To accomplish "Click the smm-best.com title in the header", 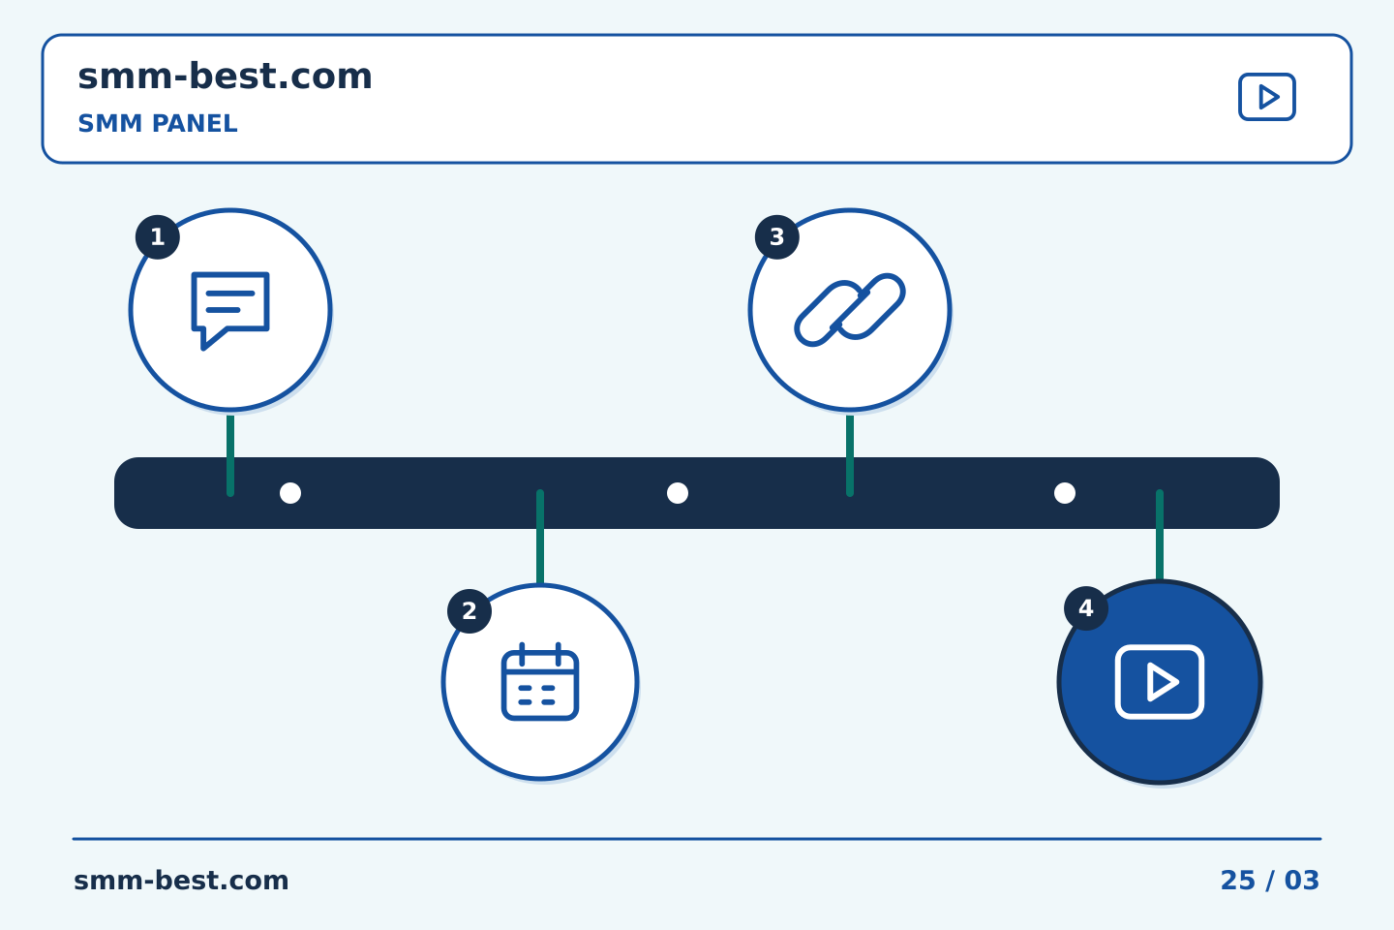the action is [x=225, y=77].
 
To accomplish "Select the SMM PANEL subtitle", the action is [x=158, y=123].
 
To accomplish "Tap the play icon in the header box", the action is [x=1266, y=97].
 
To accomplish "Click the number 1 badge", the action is [x=158, y=236].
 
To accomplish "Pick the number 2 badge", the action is [x=470, y=611].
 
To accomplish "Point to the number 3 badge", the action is [x=776, y=236].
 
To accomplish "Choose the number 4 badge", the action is [x=1086, y=608].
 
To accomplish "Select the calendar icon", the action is [x=540, y=681].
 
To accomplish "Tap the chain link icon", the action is [x=850, y=310].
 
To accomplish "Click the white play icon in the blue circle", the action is [x=1160, y=682].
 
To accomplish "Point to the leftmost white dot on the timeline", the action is [x=290, y=493].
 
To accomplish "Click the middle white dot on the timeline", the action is [x=678, y=493].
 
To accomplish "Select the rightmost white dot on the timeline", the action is [x=1065, y=493].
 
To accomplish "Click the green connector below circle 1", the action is [x=230, y=455].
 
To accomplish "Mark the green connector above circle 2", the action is [x=540, y=537].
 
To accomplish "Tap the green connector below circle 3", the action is [x=850, y=455].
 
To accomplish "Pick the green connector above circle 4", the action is [x=1160, y=535].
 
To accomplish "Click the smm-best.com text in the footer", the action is [x=181, y=881].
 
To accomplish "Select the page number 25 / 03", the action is [x=1269, y=881].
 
